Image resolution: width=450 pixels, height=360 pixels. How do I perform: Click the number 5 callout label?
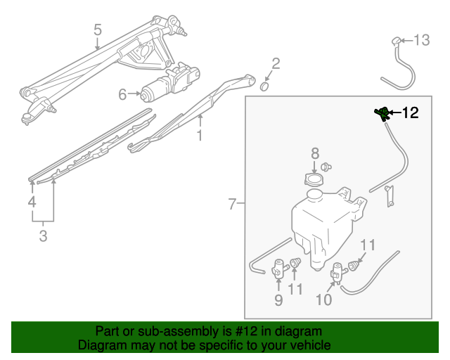[x=98, y=30]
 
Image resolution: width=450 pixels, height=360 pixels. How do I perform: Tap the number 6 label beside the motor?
[x=122, y=94]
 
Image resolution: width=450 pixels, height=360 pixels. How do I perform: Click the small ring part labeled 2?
[x=265, y=86]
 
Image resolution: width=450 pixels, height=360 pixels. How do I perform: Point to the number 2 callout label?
[x=276, y=64]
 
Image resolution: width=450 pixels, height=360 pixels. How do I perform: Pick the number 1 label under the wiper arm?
[x=200, y=135]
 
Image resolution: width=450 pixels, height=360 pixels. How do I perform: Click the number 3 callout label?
[x=43, y=236]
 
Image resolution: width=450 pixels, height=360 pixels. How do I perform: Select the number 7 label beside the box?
[x=232, y=205]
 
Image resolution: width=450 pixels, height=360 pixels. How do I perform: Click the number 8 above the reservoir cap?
[x=315, y=153]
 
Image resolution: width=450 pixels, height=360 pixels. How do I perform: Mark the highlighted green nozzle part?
[x=382, y=113]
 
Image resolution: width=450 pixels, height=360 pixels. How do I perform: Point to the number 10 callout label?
[x=323, y=300]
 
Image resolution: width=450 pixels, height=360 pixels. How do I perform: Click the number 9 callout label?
[x=278, y=301]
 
